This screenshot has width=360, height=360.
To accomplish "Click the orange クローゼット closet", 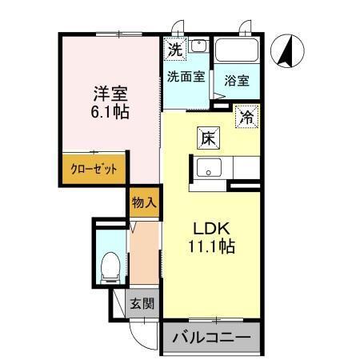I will [x=94, y=169].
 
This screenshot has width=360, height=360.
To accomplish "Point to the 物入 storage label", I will [x=143, y=204].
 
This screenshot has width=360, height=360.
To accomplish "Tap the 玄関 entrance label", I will [x=144, y=304].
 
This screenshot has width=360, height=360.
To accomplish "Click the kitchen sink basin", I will [x=210, y=169].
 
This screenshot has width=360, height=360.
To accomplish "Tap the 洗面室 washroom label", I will [x=186, y=78].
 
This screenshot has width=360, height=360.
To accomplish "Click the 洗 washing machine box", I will [x=174, y=48].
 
